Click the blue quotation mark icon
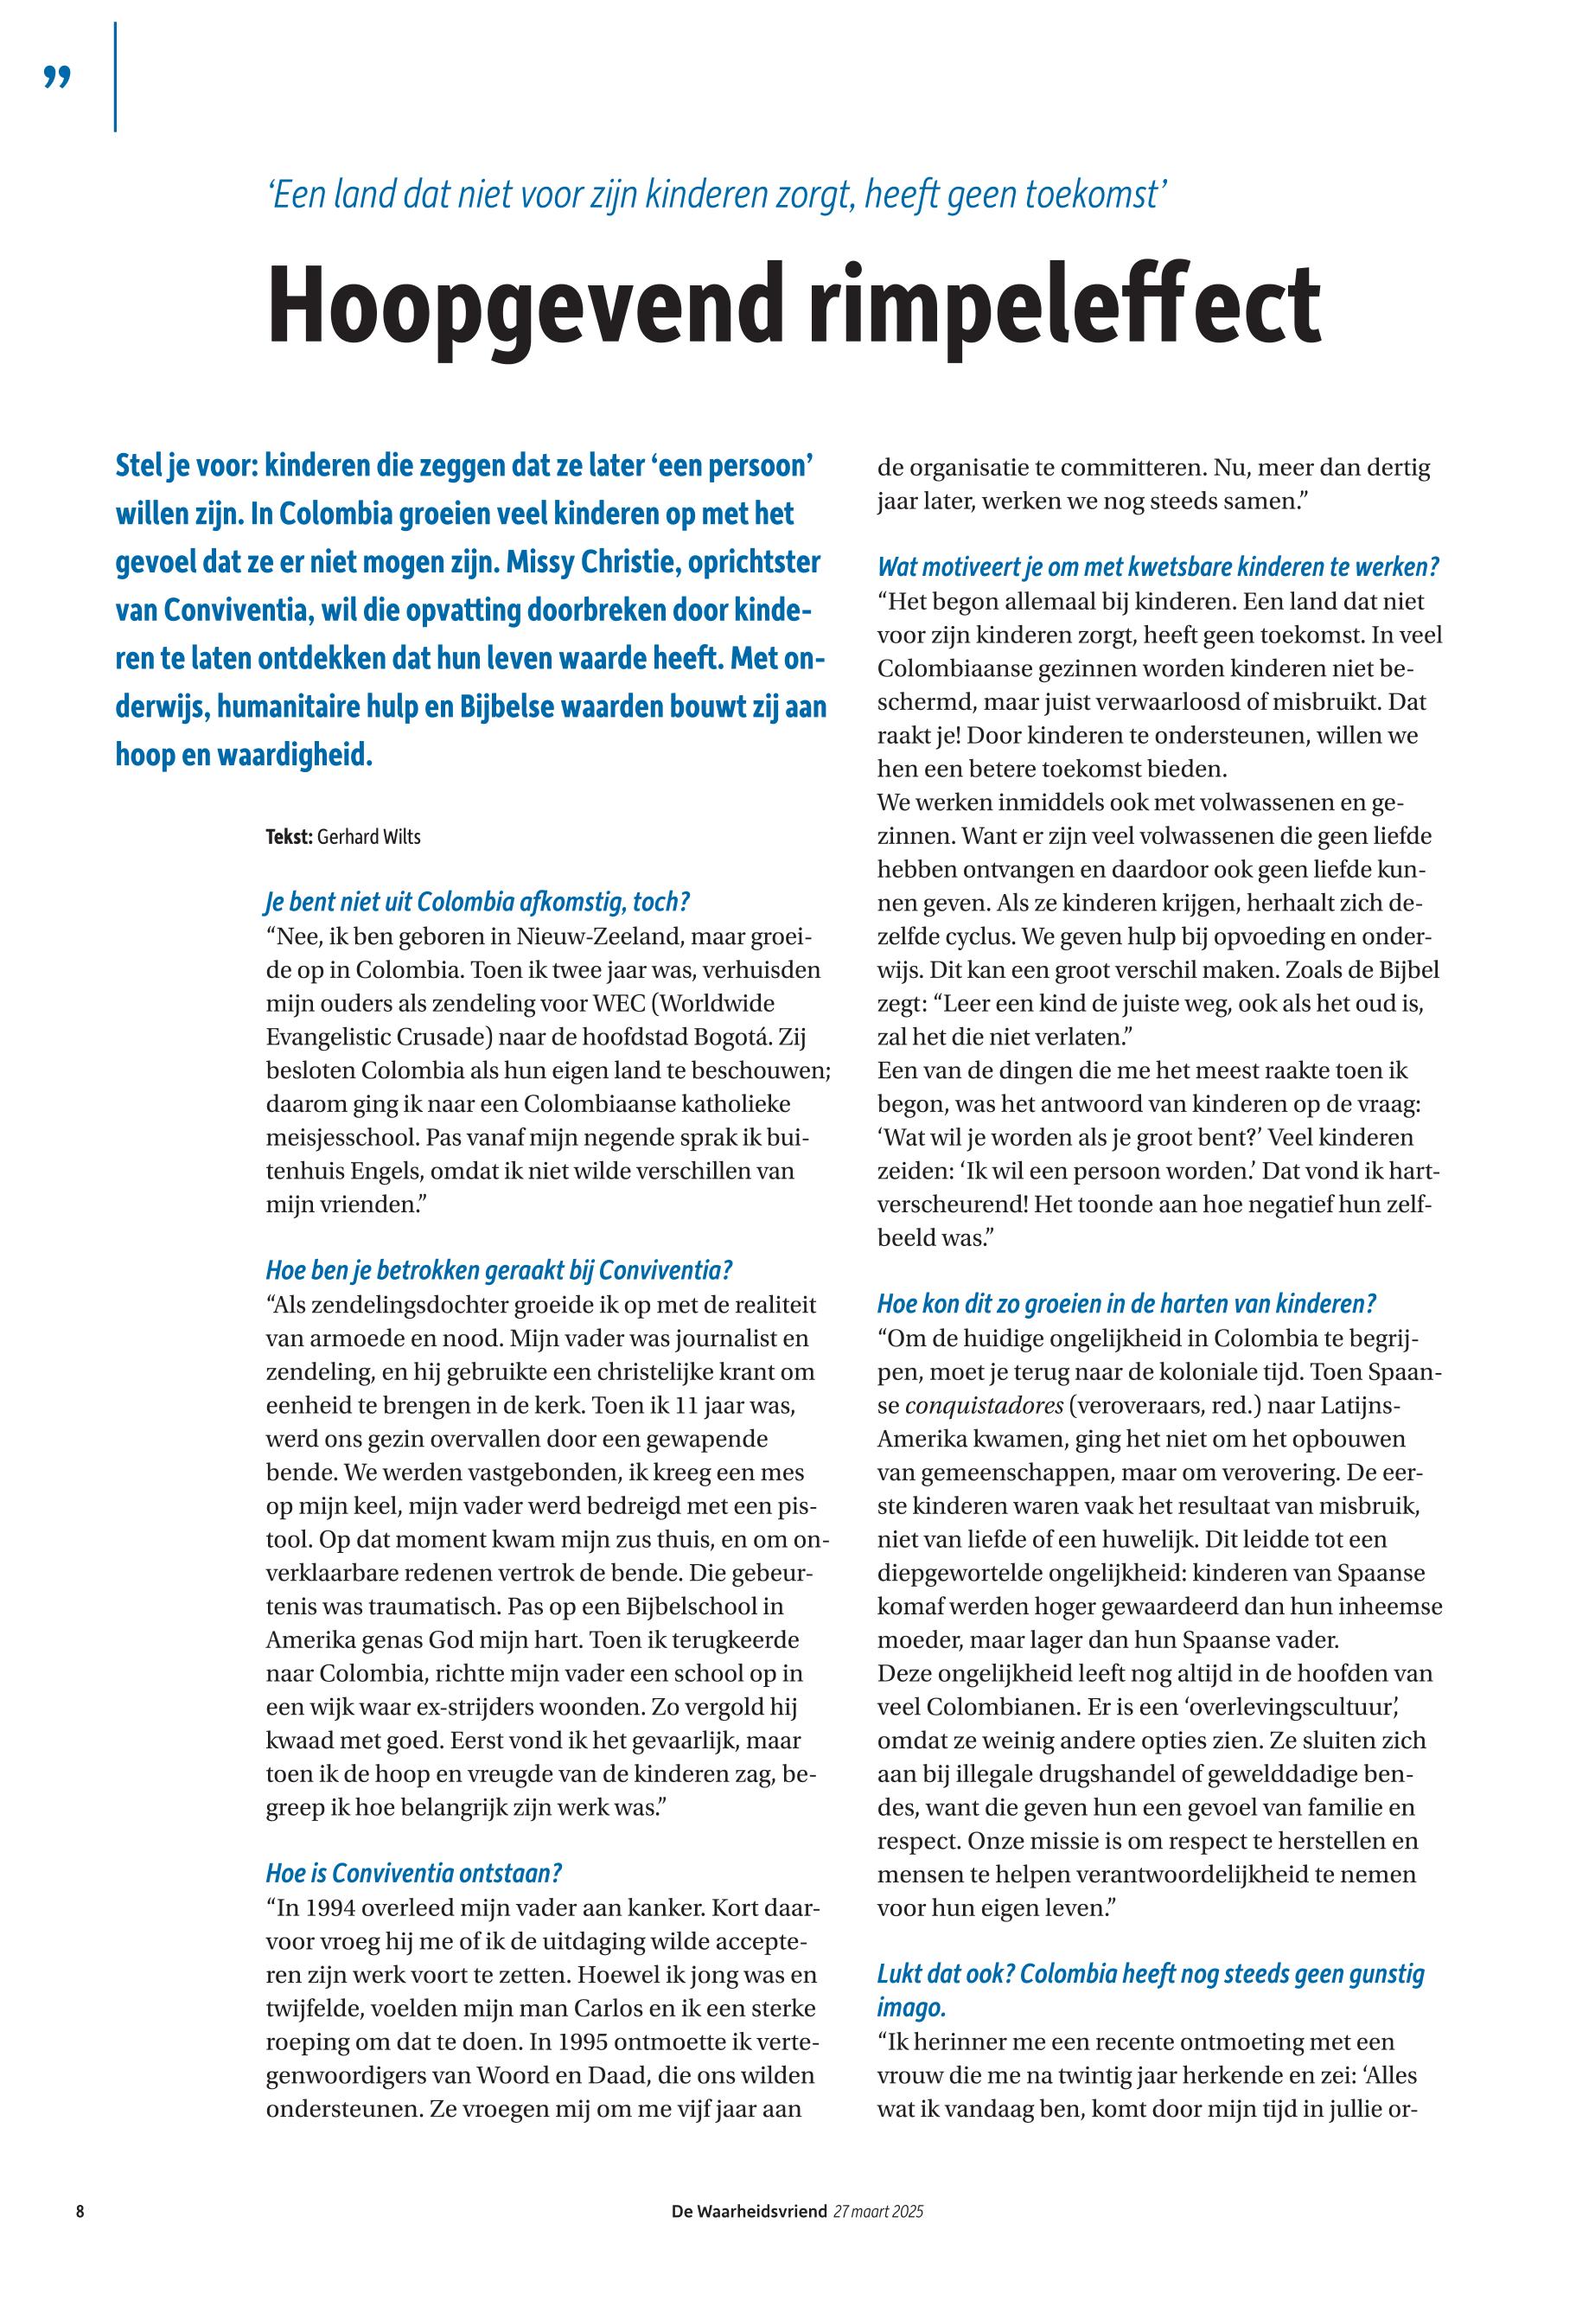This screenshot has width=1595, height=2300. (x=58, y=77)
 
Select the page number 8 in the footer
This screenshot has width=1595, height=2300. (x=80, y=2211)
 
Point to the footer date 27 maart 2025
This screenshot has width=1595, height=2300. (x=878, y=2211)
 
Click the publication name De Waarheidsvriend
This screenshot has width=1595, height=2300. (x=749, y=2211)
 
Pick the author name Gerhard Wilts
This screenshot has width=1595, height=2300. (x=369, y=838)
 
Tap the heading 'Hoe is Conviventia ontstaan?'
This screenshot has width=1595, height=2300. (x=414, y=1872)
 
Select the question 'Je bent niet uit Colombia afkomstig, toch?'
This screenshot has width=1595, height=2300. (x=478, y=902)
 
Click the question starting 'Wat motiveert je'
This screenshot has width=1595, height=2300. (x=1158, y=566)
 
